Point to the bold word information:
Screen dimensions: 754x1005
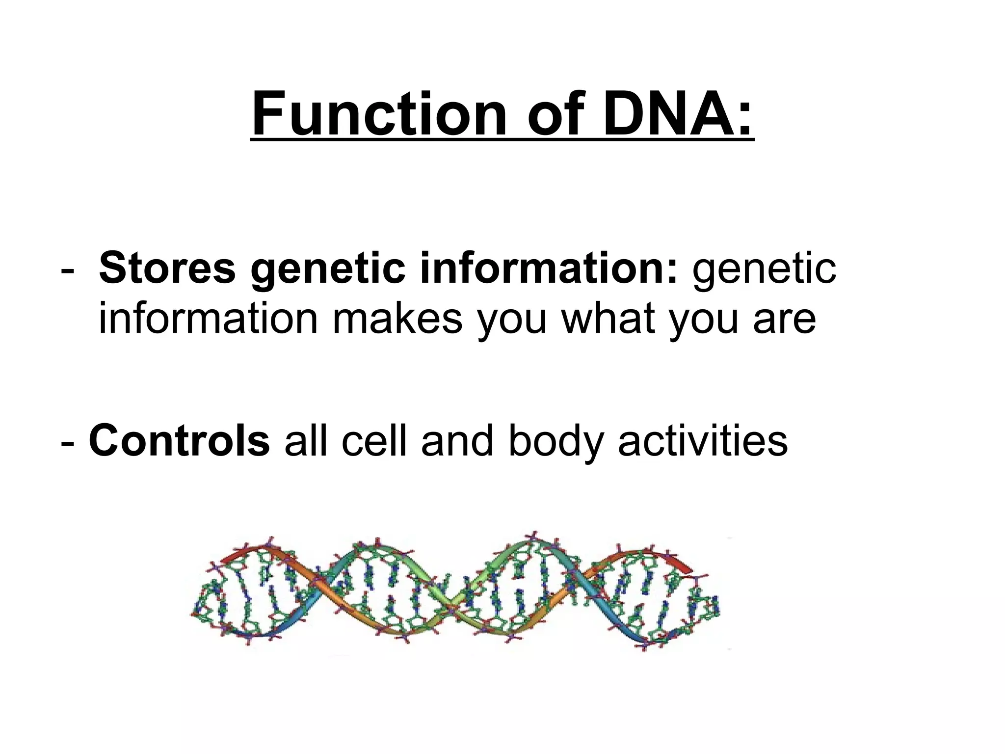coord(549,268)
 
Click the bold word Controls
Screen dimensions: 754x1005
coord(179,440)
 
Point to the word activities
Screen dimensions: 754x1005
coord(702,440)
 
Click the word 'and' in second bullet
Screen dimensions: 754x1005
coord(457,440)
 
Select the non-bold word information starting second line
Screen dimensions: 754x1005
coord(209,318)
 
